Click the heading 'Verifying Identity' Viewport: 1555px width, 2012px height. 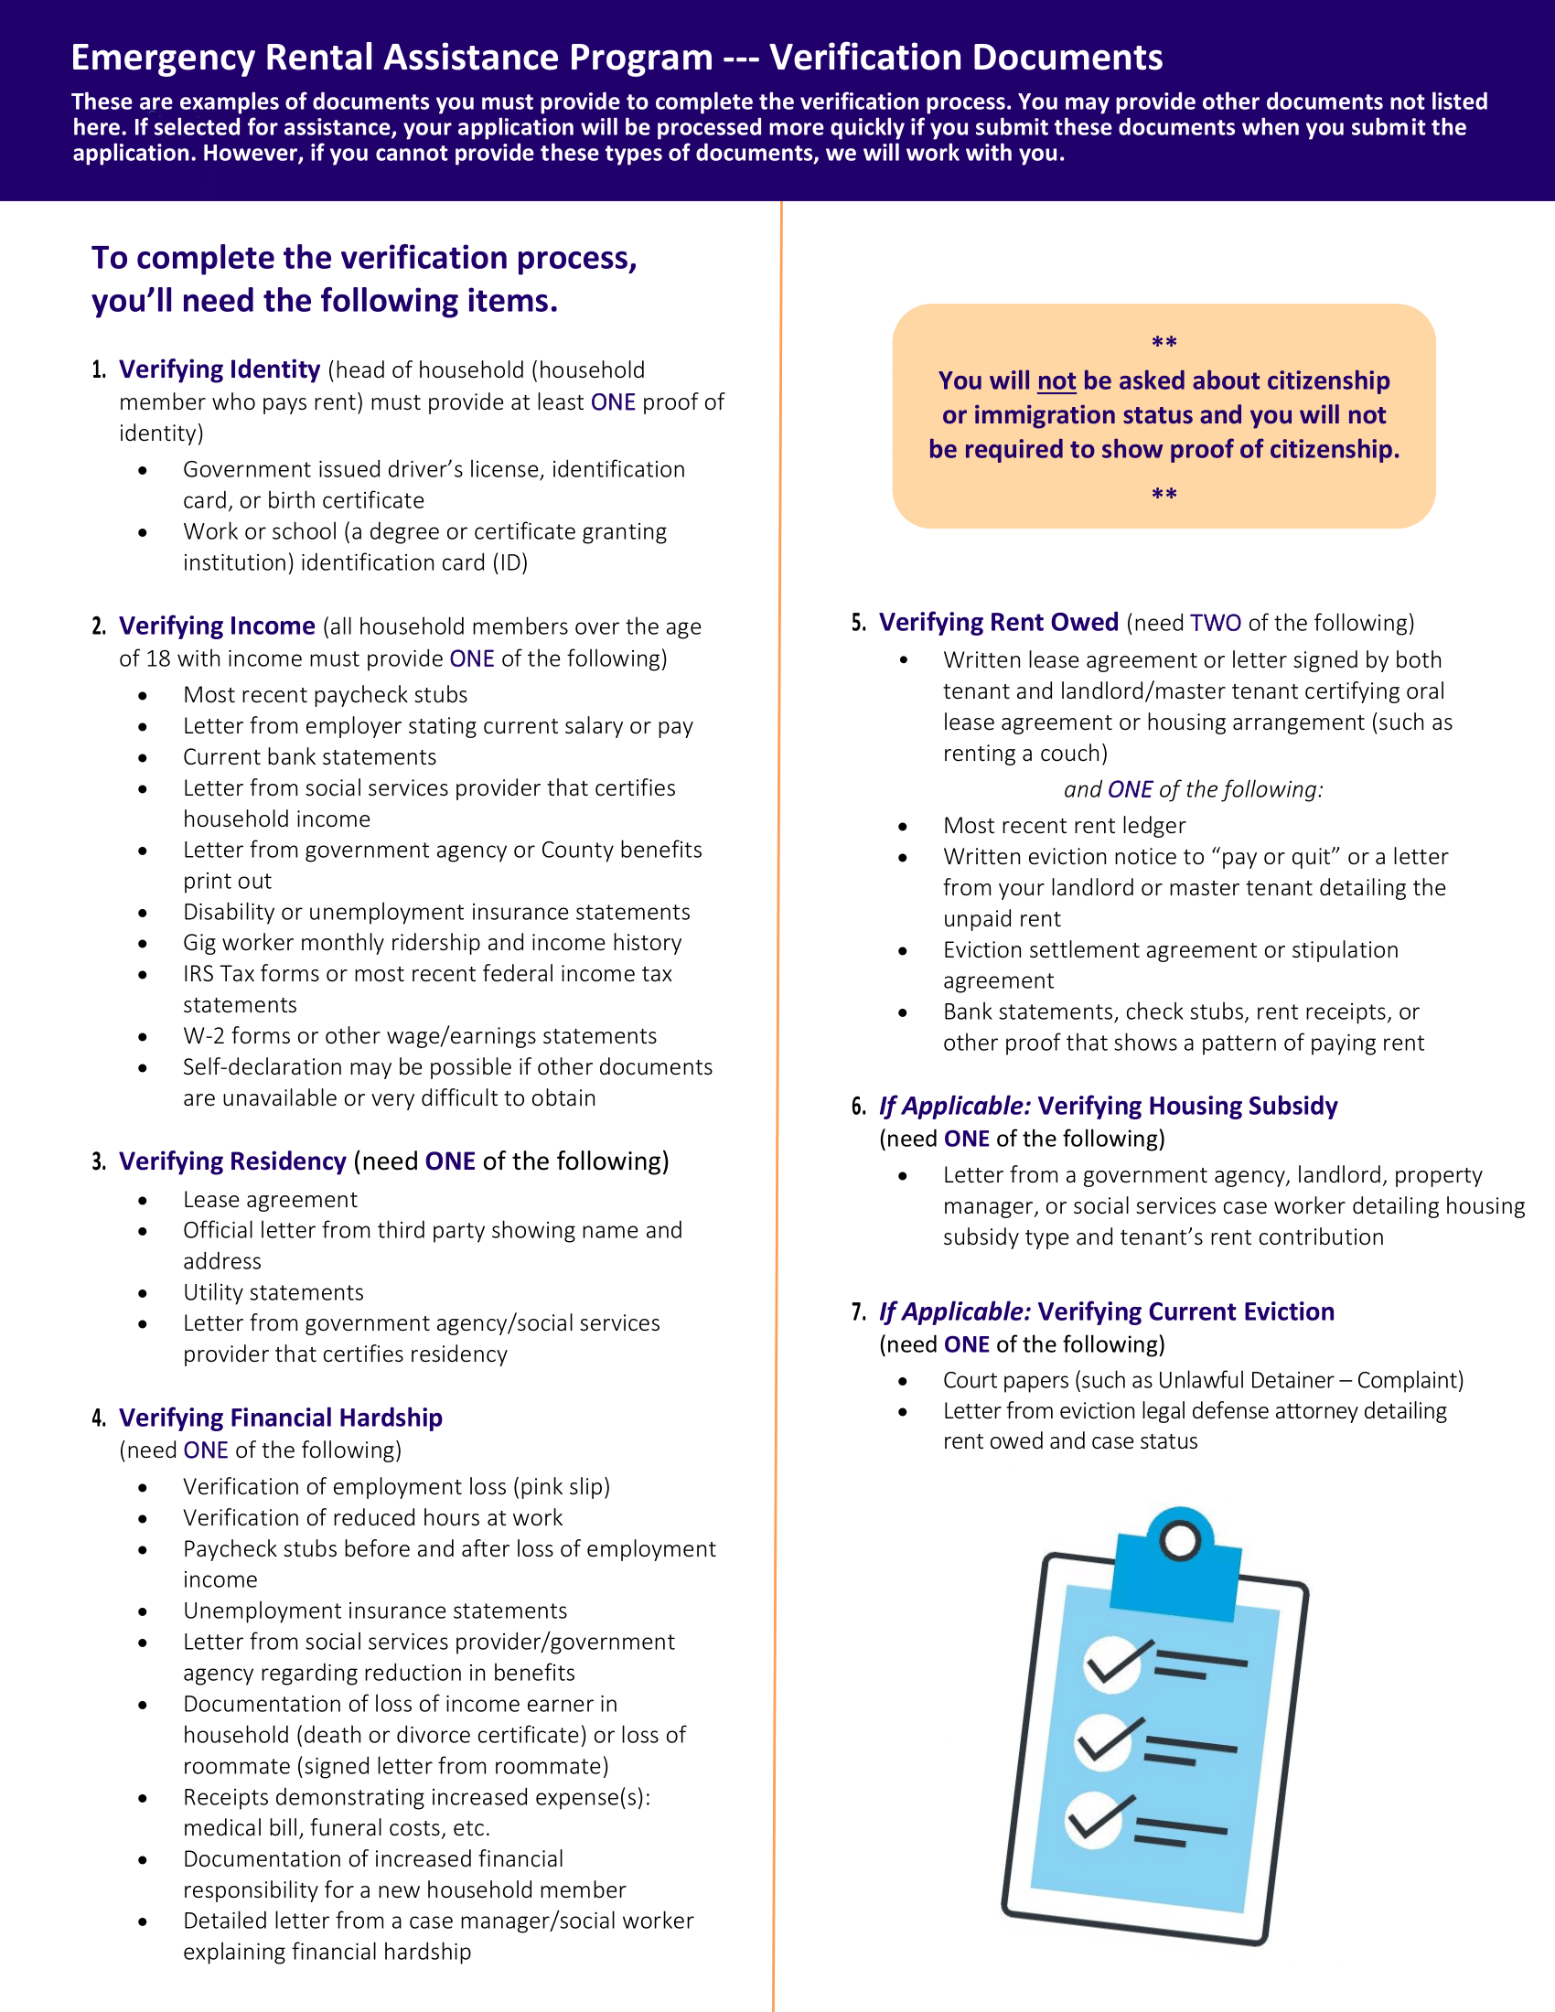click(220, 369)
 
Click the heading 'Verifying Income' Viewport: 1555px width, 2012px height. click(217, 626)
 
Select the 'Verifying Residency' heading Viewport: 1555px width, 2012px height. click(232, 1161)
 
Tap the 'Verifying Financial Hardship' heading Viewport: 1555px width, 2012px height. click(280, 1417)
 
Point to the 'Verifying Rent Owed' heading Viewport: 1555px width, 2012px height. click(999, 623)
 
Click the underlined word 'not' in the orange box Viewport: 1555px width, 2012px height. click(1056, 380)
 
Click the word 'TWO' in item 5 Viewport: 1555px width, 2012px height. click(1215, 624)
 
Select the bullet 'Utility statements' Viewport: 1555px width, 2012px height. click(273, 1292)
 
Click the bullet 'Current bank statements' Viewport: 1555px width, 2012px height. click(309, 757)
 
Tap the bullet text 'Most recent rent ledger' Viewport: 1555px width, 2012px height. click(1064, 826)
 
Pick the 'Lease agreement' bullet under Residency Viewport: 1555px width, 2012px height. click(270, 1200)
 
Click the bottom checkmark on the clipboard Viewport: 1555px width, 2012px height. click(1096, 1819)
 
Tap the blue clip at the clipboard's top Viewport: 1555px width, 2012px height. click(1178, 1566)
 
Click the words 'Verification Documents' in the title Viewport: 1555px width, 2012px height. click(965, 58)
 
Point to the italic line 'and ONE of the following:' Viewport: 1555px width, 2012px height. click(1193, 789)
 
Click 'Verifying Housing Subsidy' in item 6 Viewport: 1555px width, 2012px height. click(1187, 1106)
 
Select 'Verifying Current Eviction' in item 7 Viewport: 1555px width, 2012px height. click(1185, 1311)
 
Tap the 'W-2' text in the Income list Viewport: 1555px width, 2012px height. click(204, 1036)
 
